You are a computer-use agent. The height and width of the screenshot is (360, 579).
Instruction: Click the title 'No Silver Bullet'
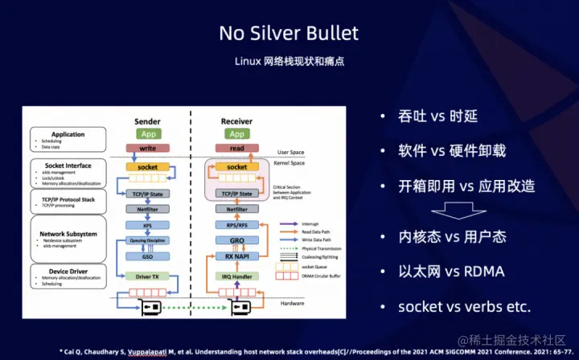(x=289, y=33)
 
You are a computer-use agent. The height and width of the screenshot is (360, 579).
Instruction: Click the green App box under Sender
(x=147, y=134)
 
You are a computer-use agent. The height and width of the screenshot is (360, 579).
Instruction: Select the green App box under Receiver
(x=236, y=134)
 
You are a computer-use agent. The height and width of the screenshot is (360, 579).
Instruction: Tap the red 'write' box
(x=147, y=149)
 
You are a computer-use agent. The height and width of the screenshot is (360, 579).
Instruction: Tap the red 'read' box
(x=236, y=149)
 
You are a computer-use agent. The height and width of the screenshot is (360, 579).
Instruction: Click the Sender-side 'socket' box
(x=147, y=167)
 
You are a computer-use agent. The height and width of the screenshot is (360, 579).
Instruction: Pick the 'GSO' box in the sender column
(x=147, y=256)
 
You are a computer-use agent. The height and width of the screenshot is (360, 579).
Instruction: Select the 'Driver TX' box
(x=147, y=276)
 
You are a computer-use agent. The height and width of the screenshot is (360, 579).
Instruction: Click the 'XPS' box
(x=147, y=226)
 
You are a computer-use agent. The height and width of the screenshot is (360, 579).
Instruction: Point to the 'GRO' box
(x=236, y=241)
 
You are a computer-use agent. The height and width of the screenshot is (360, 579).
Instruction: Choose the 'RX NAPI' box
(x=236, y=256)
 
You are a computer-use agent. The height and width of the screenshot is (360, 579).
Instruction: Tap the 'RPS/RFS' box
(x=236, y=226)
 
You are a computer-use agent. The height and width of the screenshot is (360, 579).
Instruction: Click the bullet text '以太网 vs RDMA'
(x=452, y=272)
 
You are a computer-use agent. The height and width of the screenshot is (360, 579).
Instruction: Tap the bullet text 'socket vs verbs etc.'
(x=465, y=307)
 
